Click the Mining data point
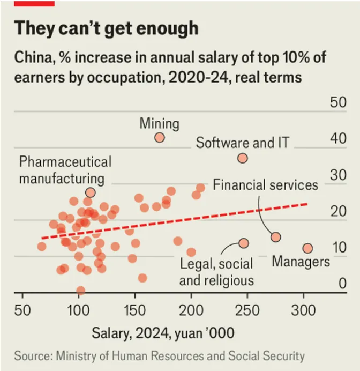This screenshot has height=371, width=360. pos(159,138)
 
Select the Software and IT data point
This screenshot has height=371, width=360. pos(243,158)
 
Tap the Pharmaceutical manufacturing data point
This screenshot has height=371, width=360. pos(90,192)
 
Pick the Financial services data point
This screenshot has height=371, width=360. pos(276,237)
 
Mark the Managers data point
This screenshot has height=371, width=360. pos(307,248)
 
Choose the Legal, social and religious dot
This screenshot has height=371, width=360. pos(244,243)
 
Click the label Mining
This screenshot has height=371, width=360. pos(159,124)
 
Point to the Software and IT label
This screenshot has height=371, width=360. pos(242,143)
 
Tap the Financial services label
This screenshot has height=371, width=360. pos(266,185)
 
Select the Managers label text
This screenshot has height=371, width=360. pos(301,262)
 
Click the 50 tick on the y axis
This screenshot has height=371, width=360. pos(338,102)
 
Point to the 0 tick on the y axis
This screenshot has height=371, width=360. pos(342,284)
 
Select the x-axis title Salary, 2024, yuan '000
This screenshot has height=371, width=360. pos(163,333)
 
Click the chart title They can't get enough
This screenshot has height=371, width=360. pos(106,28)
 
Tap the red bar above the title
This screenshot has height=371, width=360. pos(34,3)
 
